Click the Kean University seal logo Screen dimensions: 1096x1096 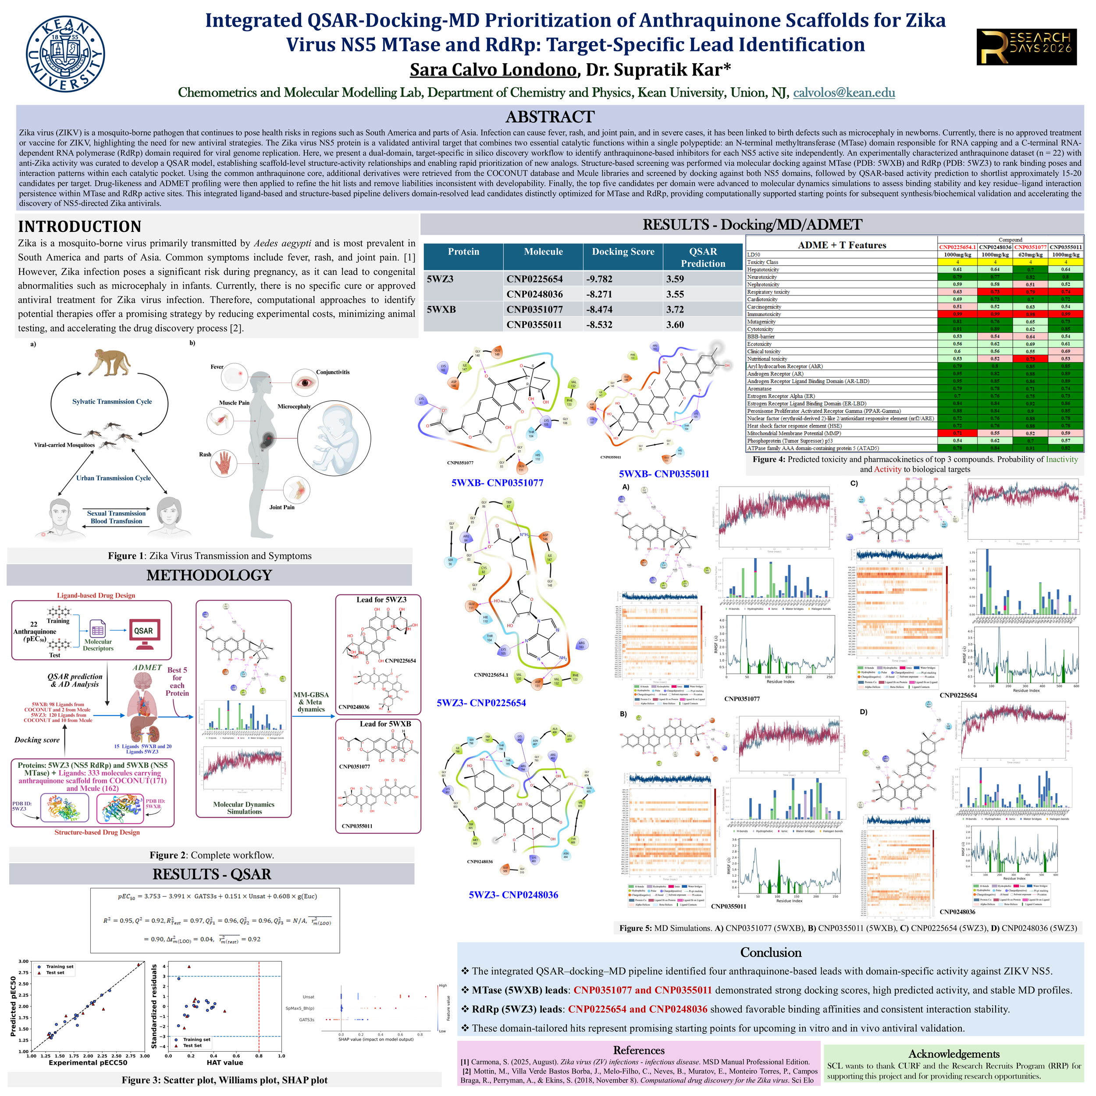pos(65,53)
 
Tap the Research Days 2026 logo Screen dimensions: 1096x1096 pos(1026,47)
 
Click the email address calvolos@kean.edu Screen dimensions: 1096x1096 pos(843,93)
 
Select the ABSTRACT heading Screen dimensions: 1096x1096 pos(549,117)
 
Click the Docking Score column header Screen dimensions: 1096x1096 pos(623,252)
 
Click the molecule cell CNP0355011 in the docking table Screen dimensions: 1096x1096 pos(534,324)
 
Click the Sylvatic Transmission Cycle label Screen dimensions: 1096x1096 pos(112,402)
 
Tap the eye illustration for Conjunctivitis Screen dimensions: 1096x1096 pos(306,382)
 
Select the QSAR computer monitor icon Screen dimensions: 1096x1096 pos(143,633)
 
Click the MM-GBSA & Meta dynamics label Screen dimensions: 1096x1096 pos(311,702)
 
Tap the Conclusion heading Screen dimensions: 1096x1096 pos(770,953)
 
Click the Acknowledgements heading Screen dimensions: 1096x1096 pos(953,1053)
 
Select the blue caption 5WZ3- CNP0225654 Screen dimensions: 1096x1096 pos(481,703)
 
